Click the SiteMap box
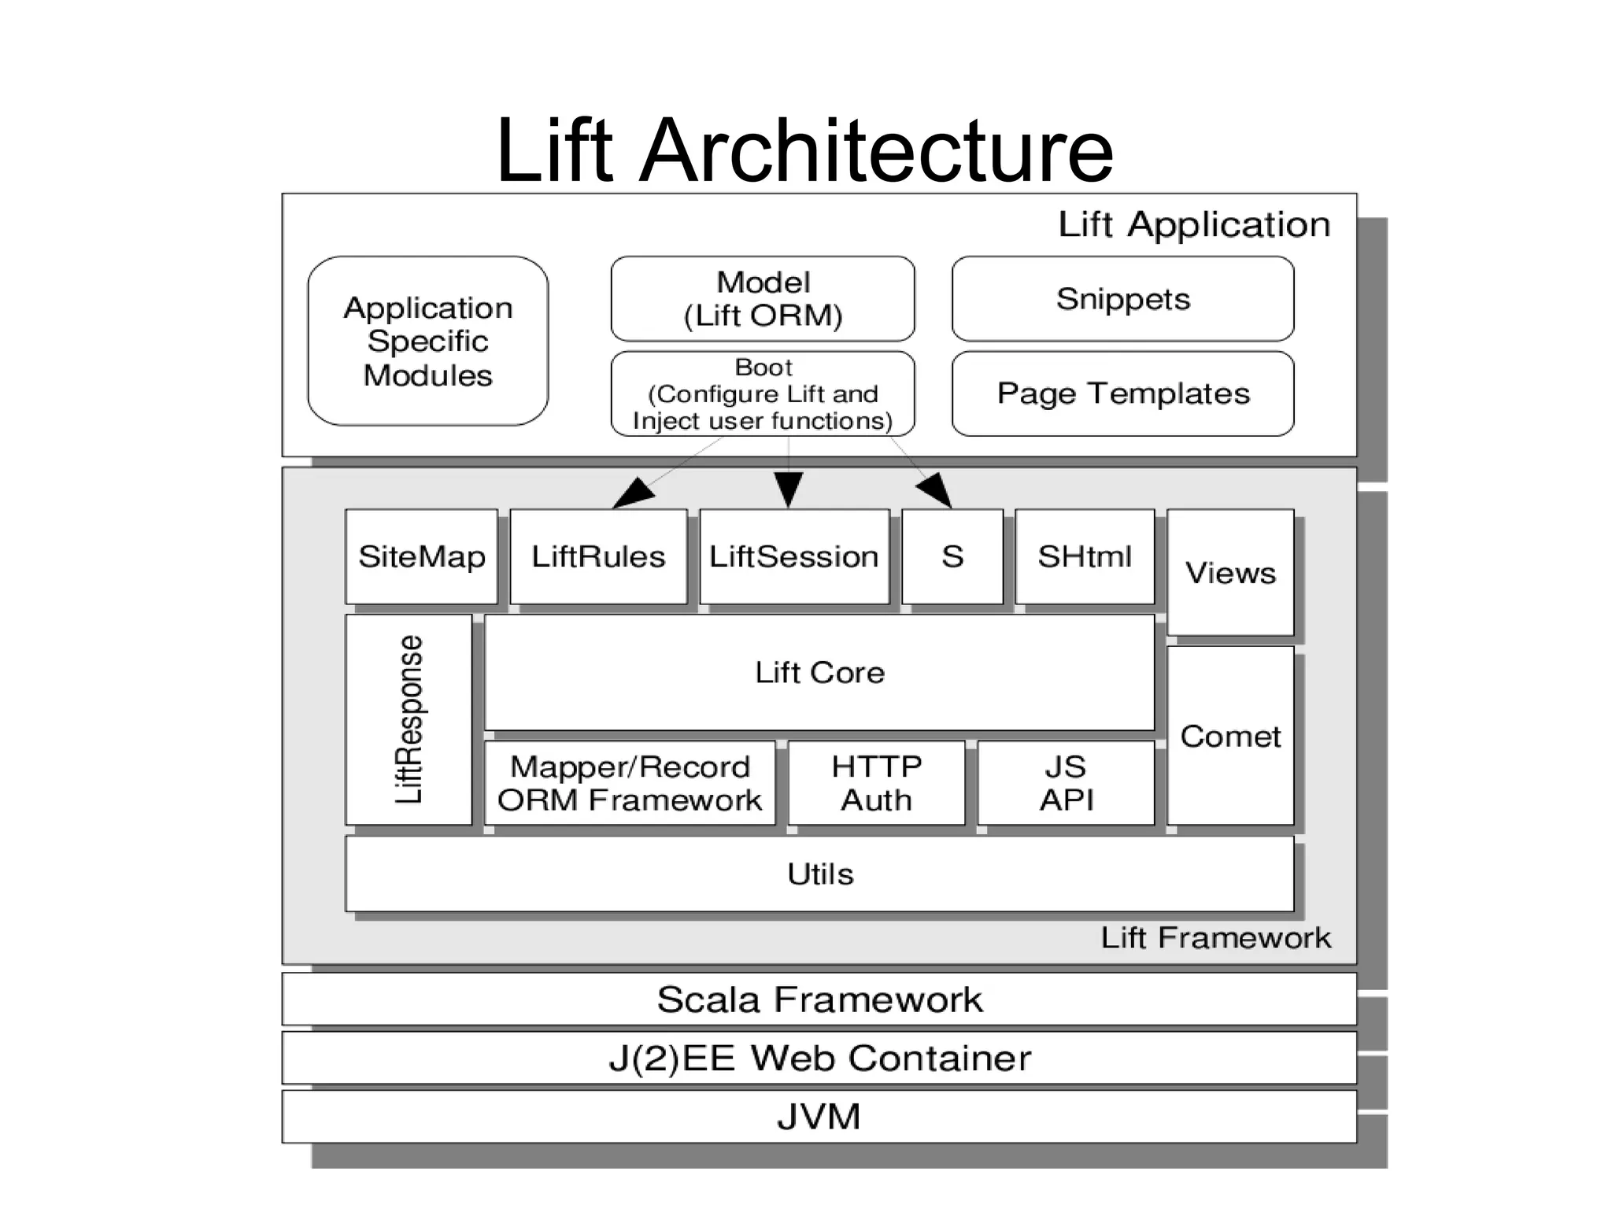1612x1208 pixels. (421, 556)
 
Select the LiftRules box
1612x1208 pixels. (598, 556)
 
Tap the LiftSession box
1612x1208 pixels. (793, 556)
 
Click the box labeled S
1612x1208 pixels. (952, 556)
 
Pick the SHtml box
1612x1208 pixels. (1085, 556)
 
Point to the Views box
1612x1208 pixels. (1230, 572)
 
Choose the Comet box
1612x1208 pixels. (1230, 736)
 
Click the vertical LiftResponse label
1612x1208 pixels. (409, 719)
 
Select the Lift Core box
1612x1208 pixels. (819, 673)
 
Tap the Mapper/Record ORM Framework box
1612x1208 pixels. (630, 783)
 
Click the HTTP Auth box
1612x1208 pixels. (876, 783)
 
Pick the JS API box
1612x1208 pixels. (1066, 783)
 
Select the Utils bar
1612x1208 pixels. (819, 874)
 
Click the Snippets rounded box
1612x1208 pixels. (1122, 299)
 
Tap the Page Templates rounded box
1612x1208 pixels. (1122, 393)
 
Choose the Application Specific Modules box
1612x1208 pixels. (427, 341)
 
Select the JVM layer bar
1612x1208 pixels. (819, 1116)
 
